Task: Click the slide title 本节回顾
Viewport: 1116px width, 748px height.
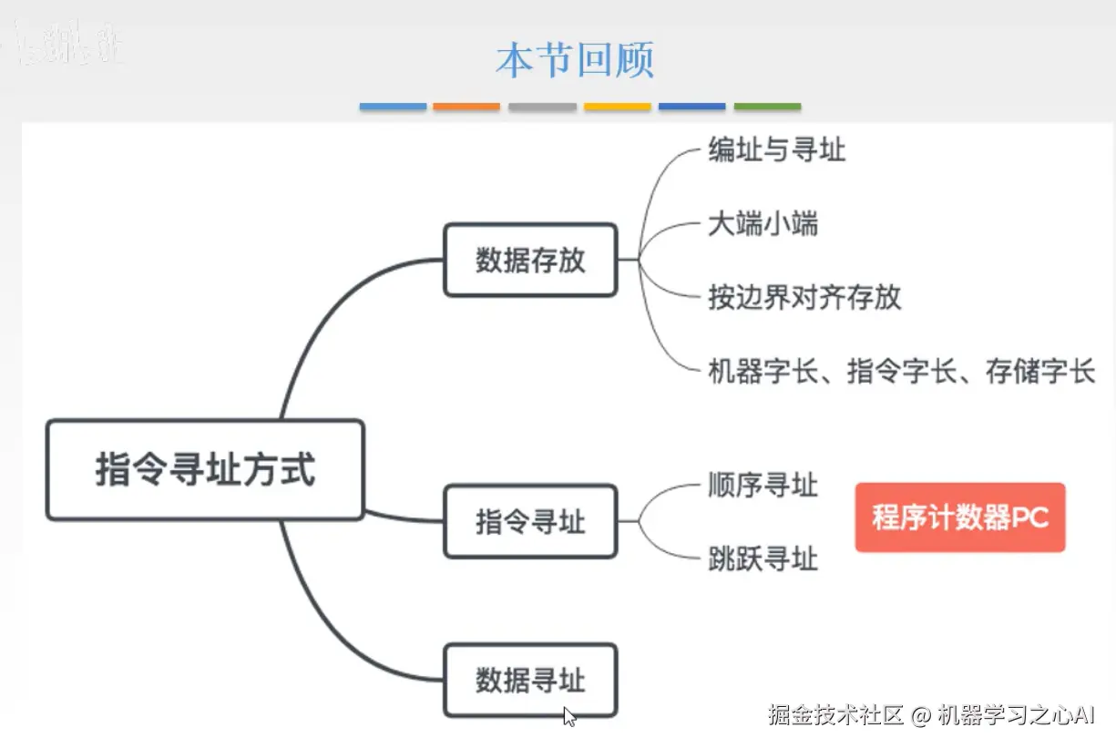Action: click(575, 60)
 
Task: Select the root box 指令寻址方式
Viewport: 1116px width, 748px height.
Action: click(205, 470)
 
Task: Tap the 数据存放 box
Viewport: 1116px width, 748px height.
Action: click(530, 261)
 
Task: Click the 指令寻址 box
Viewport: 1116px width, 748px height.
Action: click(530, 522)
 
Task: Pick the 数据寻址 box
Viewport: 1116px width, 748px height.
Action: click(530, 681)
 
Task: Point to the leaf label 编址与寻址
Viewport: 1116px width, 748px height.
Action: click(776, 149)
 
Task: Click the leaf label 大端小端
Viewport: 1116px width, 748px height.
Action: click(763, 224)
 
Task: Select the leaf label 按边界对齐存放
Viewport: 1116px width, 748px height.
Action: click(804, 297)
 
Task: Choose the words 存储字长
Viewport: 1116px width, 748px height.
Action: click(1039, 372)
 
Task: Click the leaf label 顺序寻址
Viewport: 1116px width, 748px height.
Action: click(763, 485)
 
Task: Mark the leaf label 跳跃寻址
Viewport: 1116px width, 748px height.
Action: click(763, 558)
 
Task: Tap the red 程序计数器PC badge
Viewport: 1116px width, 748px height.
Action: click(959, 517)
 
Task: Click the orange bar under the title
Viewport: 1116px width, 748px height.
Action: click(466, 107)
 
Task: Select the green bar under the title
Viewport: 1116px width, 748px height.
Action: click(767, 107)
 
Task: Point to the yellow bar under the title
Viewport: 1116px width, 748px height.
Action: click(617, 107)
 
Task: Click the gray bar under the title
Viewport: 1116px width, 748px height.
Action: click(542, 107)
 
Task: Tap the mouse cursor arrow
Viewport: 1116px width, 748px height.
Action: click(569, 716)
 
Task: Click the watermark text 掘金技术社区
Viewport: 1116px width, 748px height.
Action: click(834, 715)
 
